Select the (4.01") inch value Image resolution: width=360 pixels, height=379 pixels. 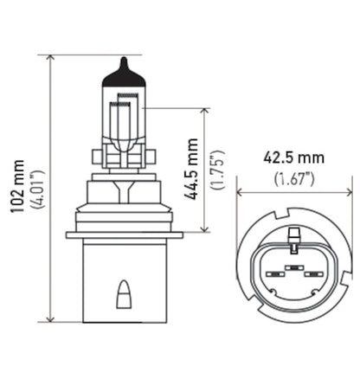point(32,189)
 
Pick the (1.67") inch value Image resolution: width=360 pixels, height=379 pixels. point(295,179)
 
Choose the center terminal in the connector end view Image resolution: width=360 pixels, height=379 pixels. point(294,269)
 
